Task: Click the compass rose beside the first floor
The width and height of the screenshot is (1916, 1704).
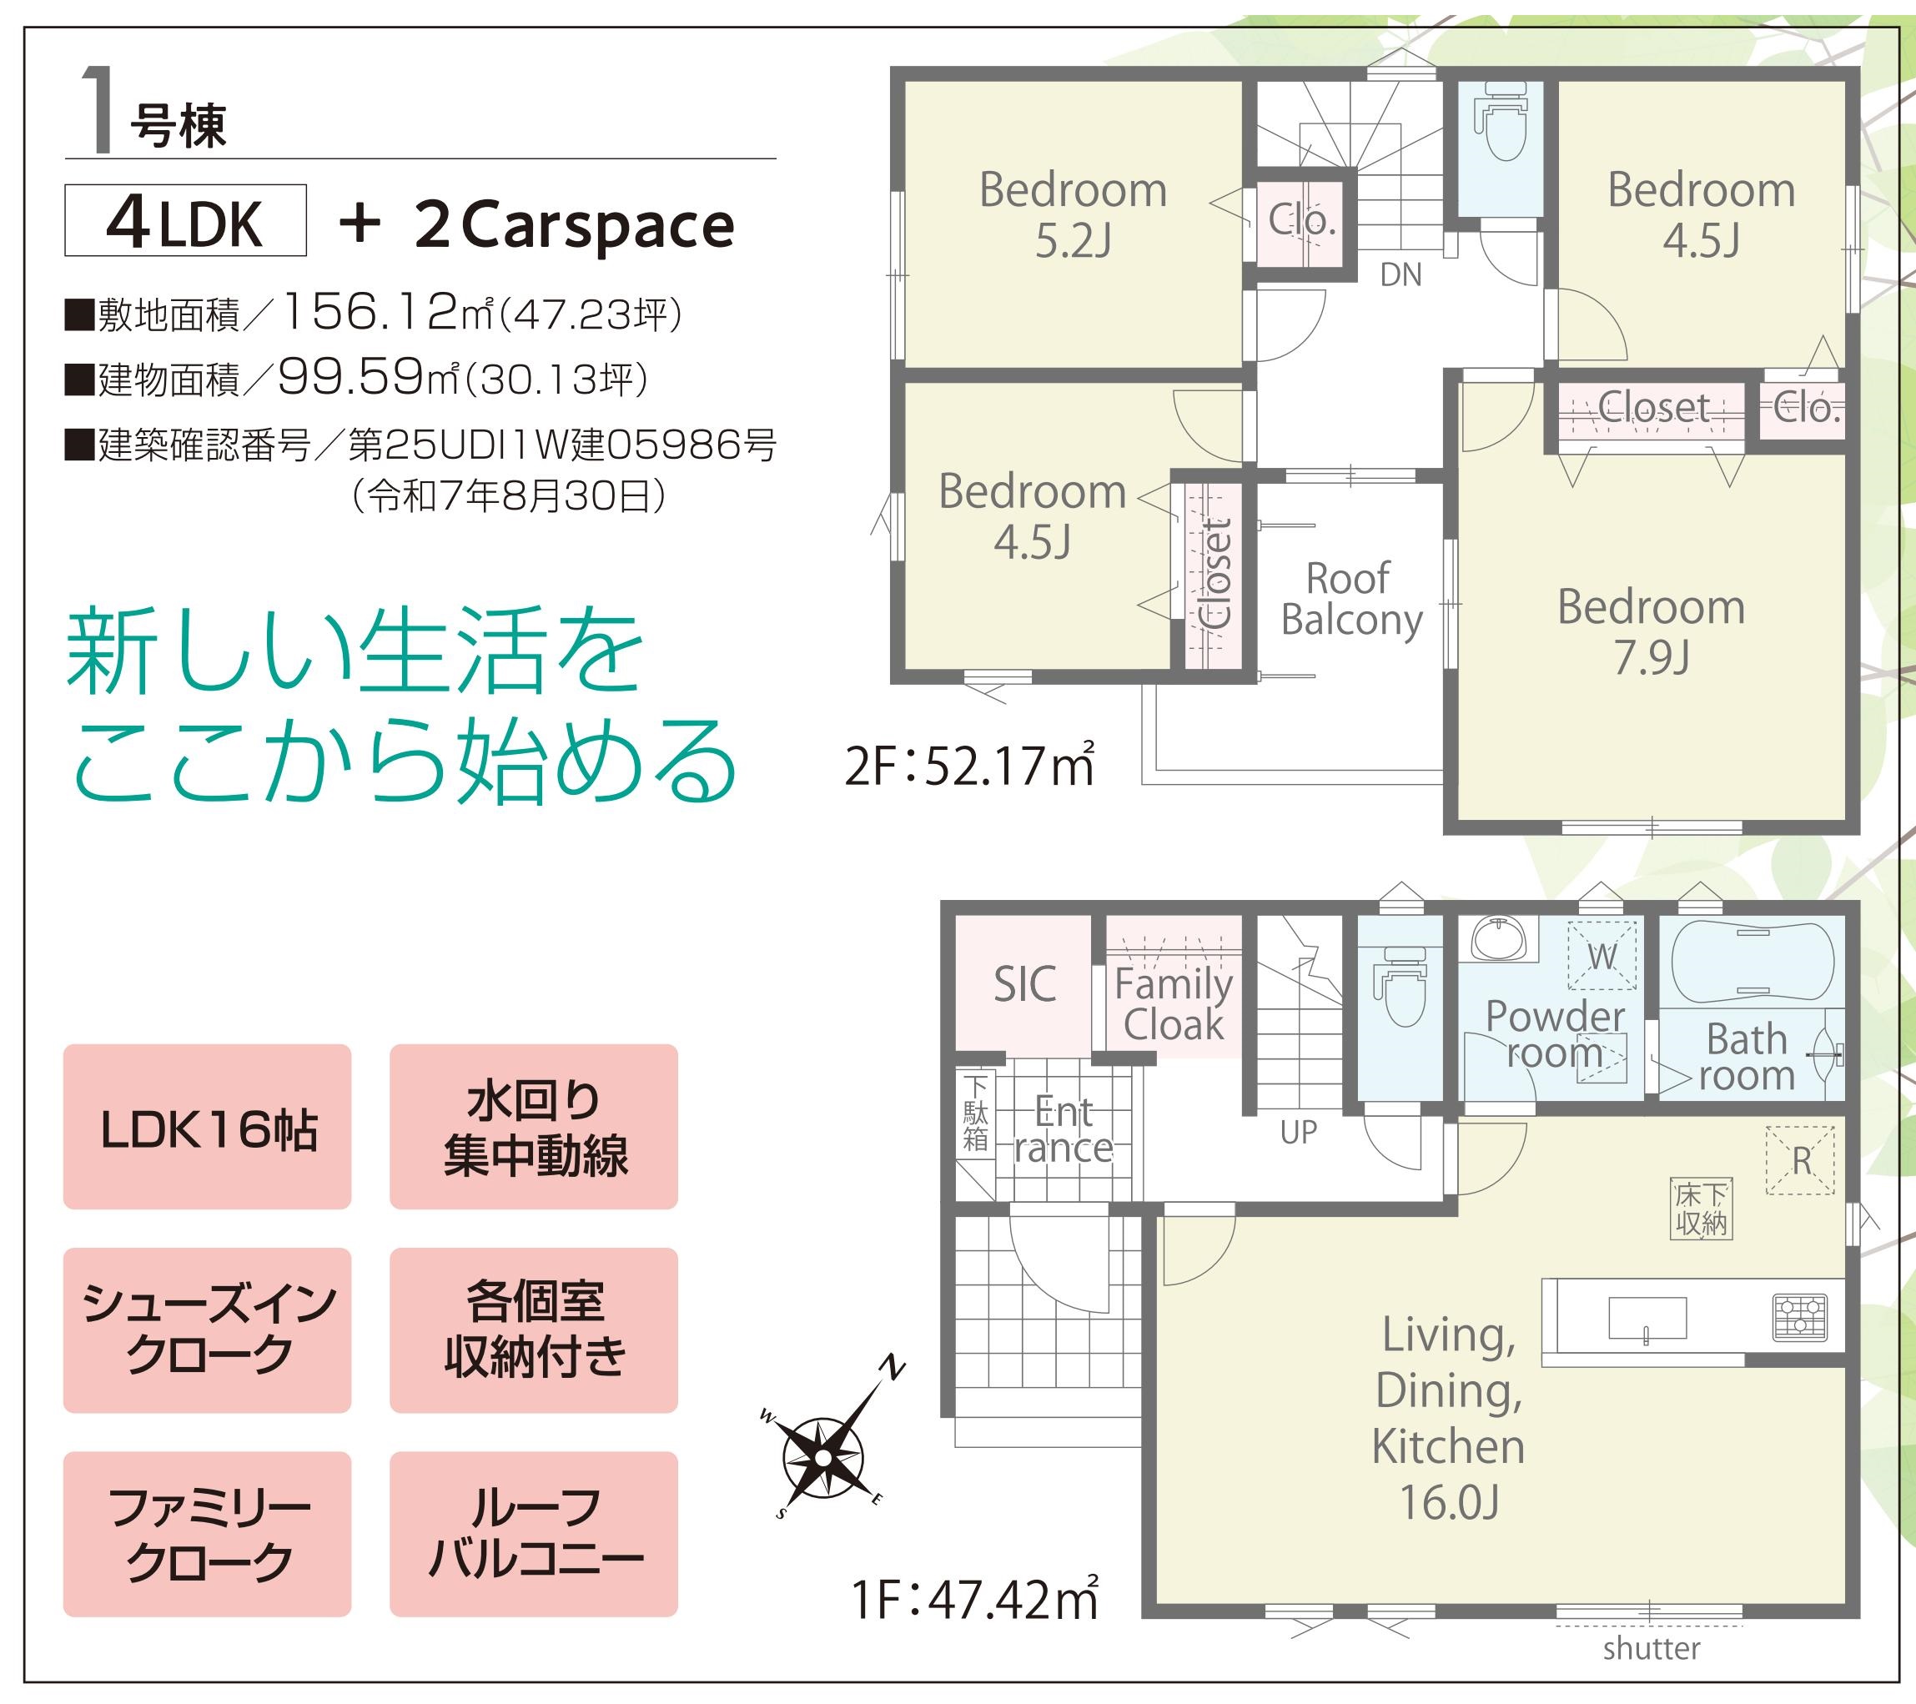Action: click(822, 1457)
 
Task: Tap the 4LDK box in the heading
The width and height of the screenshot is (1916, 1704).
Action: click(186, 220)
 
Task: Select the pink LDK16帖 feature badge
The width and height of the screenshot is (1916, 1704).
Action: click(207, 1127)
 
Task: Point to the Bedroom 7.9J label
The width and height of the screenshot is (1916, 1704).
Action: click(1651, 631)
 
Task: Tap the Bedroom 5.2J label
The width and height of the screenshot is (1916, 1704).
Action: click(1074, 214)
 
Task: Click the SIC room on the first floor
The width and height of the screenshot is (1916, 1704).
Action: click(1024, 984)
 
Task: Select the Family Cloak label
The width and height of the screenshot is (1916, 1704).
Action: click(1174, 1004)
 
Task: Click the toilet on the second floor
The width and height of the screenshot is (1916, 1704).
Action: click(1500, 124)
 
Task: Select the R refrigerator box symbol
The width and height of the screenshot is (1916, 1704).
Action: click(1801, 1160)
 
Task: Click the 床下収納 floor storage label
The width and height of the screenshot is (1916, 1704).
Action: click(1702, 1209)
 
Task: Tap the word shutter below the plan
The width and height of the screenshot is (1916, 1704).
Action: click(1651, 1674)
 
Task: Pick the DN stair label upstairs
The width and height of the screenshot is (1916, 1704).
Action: click(1401, 274)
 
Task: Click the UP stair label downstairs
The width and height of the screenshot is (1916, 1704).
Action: click(1298, 1133)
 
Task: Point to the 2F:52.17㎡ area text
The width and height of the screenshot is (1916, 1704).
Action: click(969, 767)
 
